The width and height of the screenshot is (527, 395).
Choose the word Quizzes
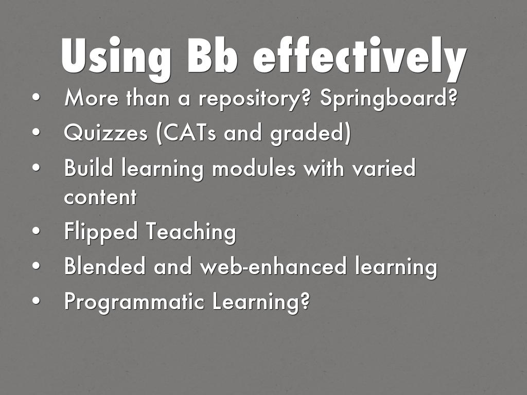click(x=106, y=133)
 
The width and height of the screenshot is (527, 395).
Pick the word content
click(x=100, y=196)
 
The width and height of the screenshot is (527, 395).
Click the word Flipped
click(x=101, y=232)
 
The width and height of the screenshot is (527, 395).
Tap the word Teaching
click(x=191, y=232)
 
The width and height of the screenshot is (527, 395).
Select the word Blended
click(x=105, y=265)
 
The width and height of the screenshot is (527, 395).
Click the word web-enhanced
click(x=273, y=265)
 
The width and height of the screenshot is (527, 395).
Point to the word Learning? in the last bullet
click(x=261, y=301)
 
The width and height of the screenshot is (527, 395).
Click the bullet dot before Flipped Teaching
click(x=37, y=231)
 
